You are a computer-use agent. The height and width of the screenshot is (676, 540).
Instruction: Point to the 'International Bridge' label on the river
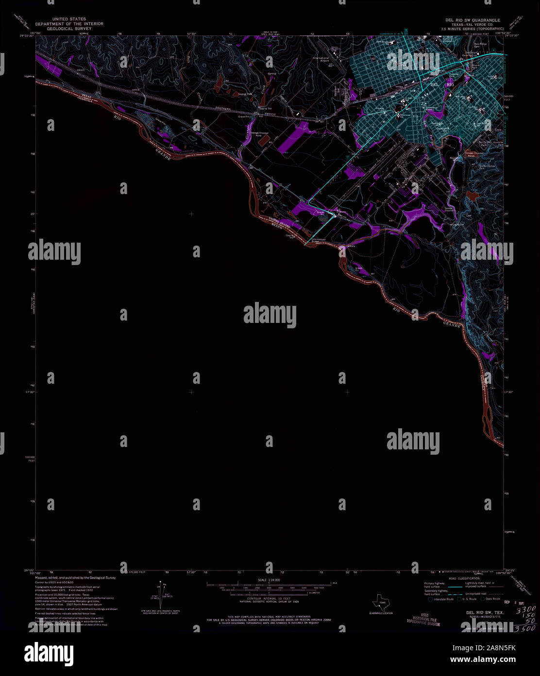[319, 240]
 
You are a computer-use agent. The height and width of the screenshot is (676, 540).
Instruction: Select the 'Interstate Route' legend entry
[443, 599]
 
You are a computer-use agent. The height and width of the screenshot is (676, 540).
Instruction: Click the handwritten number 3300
[525, 609]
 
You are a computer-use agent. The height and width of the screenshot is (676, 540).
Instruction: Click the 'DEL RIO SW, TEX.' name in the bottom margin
[485, 612]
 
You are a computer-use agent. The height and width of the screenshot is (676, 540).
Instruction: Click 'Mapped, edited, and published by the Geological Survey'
[76, 578]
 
